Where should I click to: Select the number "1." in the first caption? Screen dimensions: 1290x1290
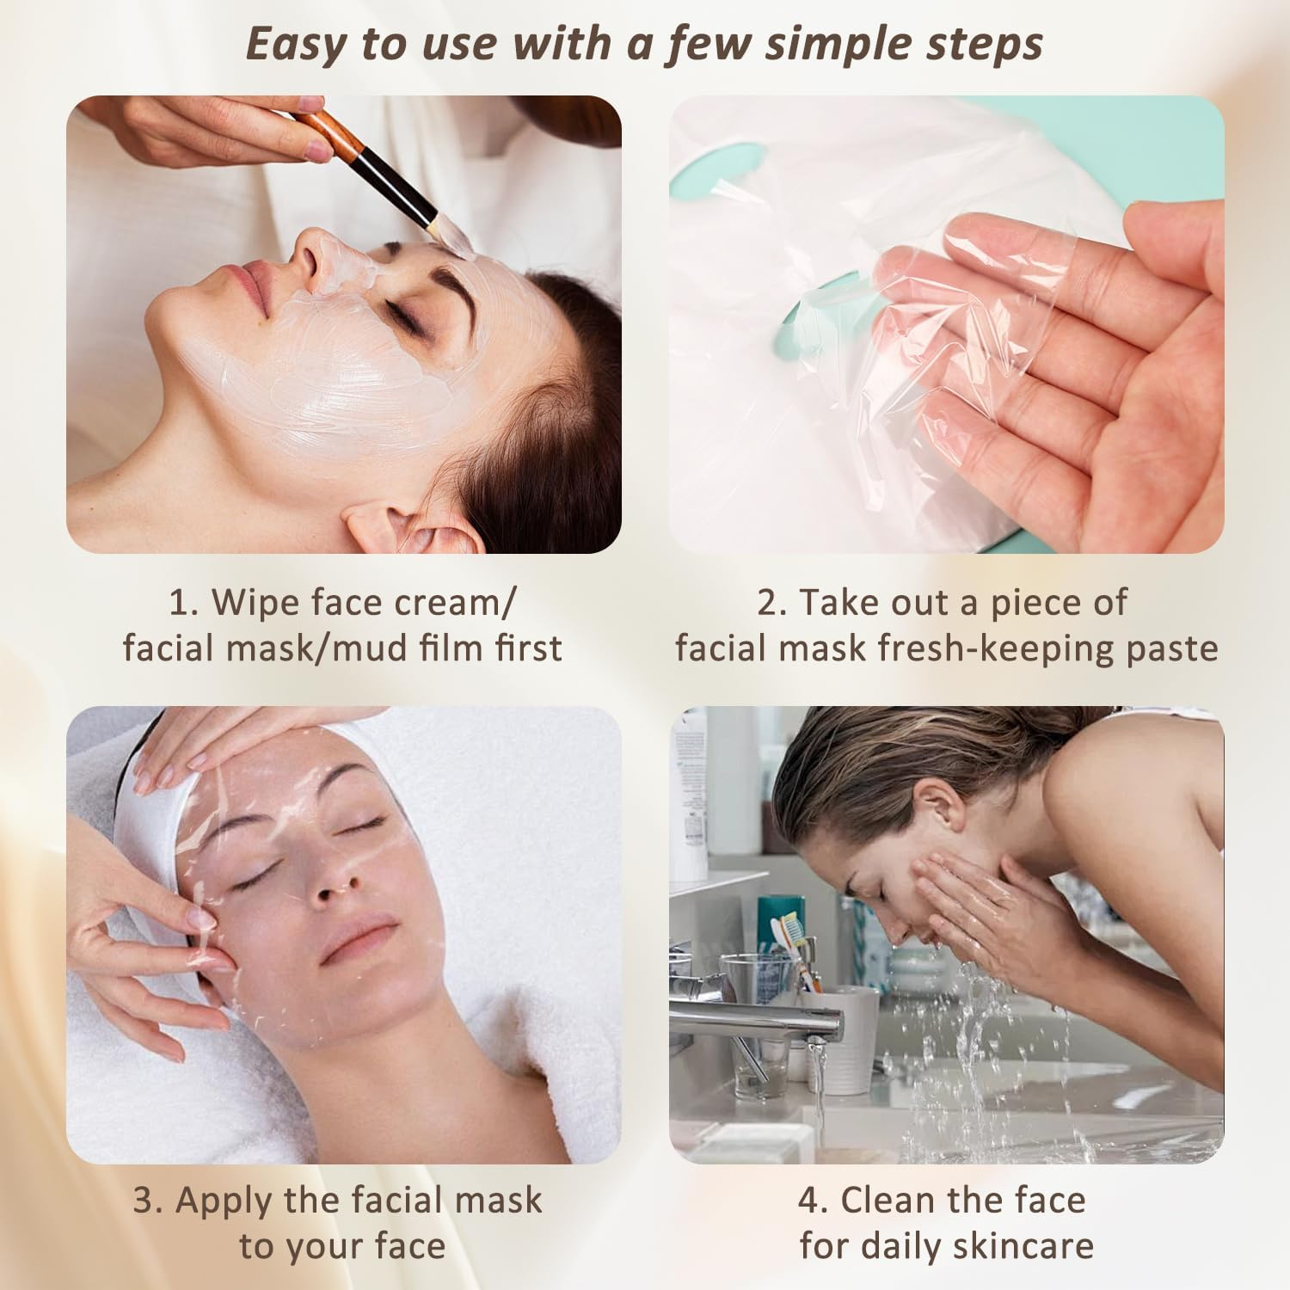(x=184, y=604)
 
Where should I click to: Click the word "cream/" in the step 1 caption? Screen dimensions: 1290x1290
(x=455, y=604)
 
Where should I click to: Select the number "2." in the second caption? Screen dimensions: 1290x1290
(x=771, y=604)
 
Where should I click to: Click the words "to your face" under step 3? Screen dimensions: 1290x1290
(x=342, y=1245)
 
